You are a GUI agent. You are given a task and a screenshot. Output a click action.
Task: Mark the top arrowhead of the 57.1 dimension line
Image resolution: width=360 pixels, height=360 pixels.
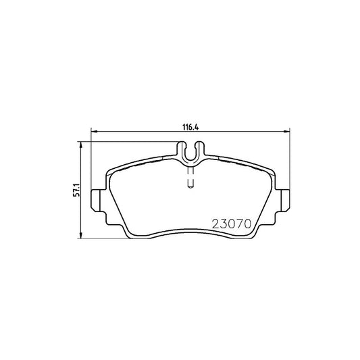pos(82,145)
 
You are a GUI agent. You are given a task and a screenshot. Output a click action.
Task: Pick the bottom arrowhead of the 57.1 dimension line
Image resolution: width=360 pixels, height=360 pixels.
pos(82,238)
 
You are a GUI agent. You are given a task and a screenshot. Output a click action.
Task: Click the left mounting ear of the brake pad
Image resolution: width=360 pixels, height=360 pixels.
pos(97,199)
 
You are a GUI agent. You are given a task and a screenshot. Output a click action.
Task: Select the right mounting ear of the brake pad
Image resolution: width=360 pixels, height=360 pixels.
pos(287,199)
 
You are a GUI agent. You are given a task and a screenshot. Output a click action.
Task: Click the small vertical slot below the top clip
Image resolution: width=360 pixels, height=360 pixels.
pos(191,178)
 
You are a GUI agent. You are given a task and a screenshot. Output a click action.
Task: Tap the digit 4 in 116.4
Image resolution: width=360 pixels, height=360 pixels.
pos(201,125)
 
